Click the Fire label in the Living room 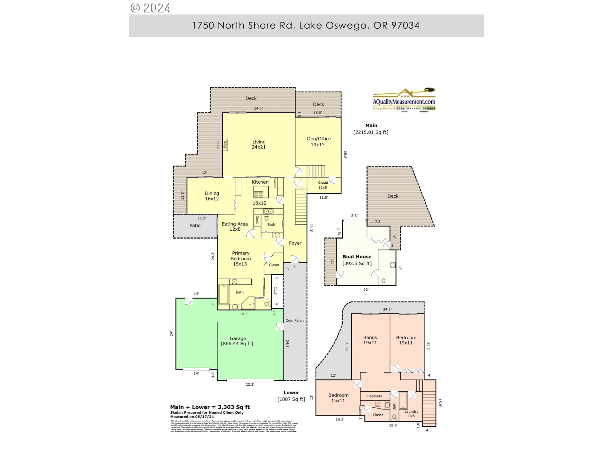[225, 144]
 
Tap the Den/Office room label [319, 142]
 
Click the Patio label [195, 226]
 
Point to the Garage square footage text [237, 344]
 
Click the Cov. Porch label [294, 320]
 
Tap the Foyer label [295, 243]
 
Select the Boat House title [357, 257]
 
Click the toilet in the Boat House [383, 281]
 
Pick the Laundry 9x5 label [411, 414]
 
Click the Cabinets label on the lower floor [375, 396]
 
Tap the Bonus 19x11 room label [370, 340]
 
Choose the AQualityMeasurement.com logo [404, 99]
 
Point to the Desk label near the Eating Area [257, 219]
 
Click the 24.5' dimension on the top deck [258, 108]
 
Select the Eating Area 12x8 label [235, 226]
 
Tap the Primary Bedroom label [240, 258]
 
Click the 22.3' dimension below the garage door [250, 385]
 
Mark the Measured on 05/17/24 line [192, 417]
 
